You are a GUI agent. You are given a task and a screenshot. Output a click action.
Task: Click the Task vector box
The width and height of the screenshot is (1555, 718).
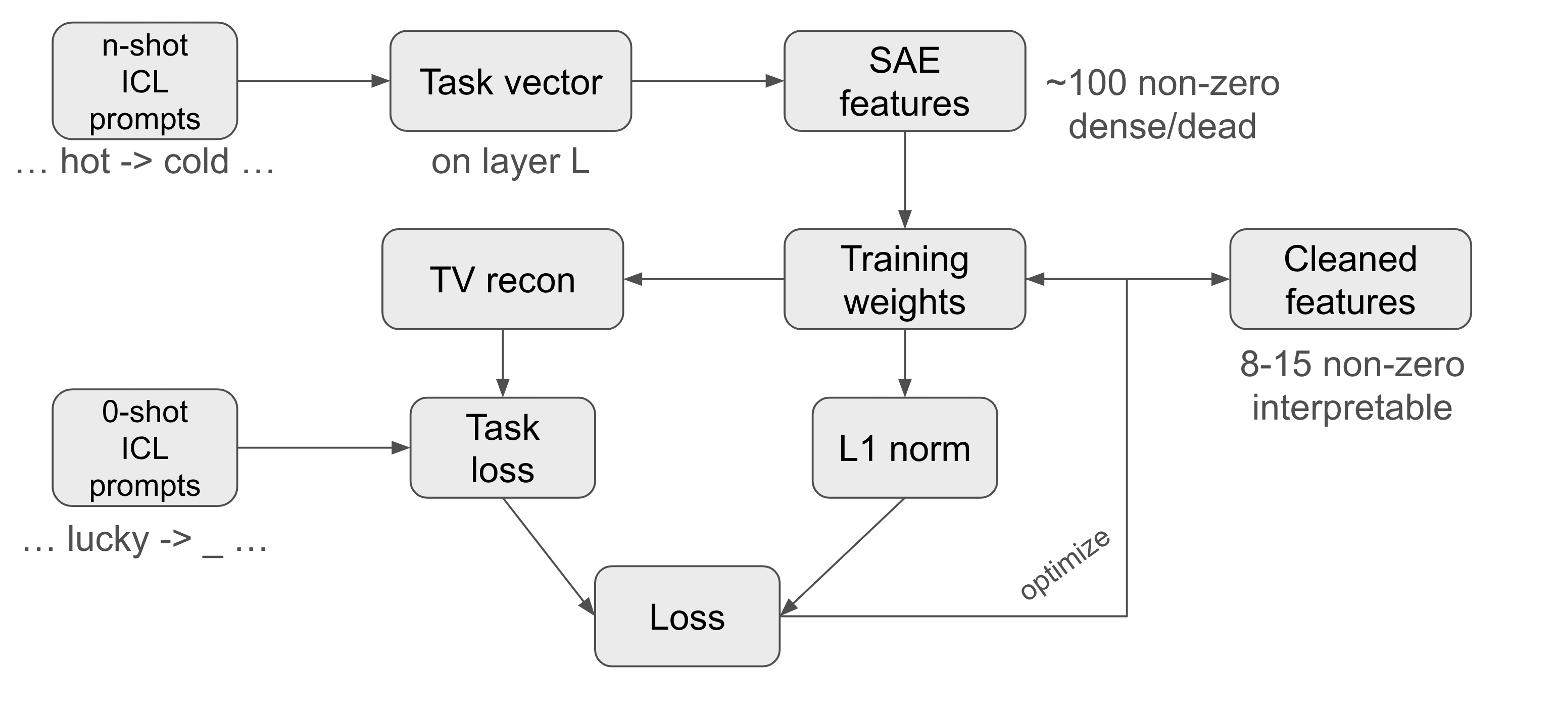tap(511, 81)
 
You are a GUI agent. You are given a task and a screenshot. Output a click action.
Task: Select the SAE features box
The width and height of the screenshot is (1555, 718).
tap(904, 81)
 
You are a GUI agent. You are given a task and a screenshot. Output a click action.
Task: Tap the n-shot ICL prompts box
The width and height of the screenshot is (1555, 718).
tap(145, 81)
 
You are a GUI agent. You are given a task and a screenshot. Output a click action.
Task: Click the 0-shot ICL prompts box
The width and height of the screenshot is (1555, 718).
tap(145, 448)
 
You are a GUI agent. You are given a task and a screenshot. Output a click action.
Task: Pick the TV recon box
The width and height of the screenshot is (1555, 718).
tap(502, 279)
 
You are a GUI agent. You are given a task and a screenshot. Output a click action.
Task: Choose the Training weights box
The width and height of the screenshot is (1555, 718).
tap(904, 279)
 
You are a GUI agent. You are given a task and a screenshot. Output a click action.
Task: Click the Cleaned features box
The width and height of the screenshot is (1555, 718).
tap(1350, 279)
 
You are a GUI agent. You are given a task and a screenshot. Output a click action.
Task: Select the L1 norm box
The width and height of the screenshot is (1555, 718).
tap(904, 448)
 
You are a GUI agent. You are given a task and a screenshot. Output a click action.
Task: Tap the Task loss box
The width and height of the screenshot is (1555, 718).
tap(502, 448)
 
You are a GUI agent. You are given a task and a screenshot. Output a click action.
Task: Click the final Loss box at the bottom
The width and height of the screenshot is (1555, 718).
tap(687, 616)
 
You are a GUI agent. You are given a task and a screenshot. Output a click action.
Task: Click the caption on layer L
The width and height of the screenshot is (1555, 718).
tap(510, 162)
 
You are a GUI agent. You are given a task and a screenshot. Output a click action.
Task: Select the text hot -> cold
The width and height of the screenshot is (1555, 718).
tap(145, 162)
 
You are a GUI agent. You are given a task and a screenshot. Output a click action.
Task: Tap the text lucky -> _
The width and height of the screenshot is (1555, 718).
tap(145, 539)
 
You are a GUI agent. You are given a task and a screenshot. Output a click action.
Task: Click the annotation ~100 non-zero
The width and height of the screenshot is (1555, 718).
tap(1162, 83)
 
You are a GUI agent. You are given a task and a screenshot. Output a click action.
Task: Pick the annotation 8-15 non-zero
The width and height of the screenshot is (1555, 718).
tap(1352, 365)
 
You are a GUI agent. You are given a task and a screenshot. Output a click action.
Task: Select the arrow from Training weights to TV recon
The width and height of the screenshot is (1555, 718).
tap(704, 279)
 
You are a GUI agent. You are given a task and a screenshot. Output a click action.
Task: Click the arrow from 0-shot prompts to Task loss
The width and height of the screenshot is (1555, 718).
tap(323, 448)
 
